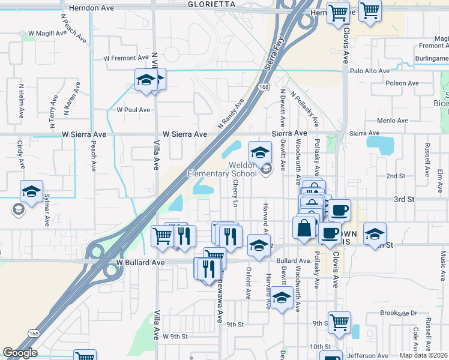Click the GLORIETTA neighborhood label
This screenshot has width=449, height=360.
coord(211,4)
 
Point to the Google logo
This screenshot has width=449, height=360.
coord(20,353)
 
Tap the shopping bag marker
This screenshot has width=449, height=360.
coord(304,227)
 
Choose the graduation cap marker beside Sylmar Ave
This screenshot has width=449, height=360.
coord(31,193)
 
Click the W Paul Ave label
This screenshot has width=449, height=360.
coord(133,110)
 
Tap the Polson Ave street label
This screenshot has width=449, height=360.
coord(402,83)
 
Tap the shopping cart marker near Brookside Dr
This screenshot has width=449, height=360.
coord(339,322)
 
